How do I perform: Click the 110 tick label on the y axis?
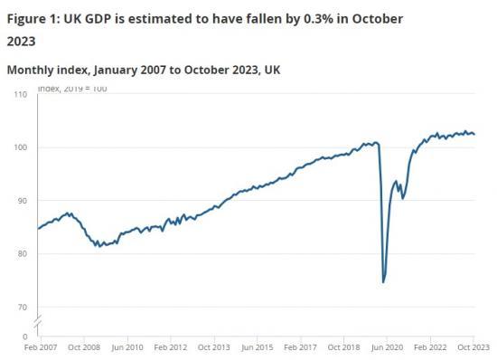(21, 95)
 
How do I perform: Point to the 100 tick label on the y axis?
(21, 147)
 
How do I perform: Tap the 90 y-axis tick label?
(23, 201)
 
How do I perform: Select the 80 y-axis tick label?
(23, 254)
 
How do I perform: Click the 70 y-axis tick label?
(23, 308)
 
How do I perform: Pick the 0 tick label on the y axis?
(26, 336)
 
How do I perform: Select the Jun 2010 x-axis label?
(127, 346)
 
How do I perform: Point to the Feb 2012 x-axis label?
(170, 346)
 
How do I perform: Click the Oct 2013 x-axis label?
(213, 346)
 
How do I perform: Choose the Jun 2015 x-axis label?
(257, 346)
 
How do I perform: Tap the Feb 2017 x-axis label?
(300, 346)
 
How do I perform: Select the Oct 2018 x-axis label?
(343, 346)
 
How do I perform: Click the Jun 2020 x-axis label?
(387, 346)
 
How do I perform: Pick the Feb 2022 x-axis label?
(430, 346)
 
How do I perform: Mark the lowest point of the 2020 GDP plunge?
(383, 282)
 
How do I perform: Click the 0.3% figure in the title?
(293, 19)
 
